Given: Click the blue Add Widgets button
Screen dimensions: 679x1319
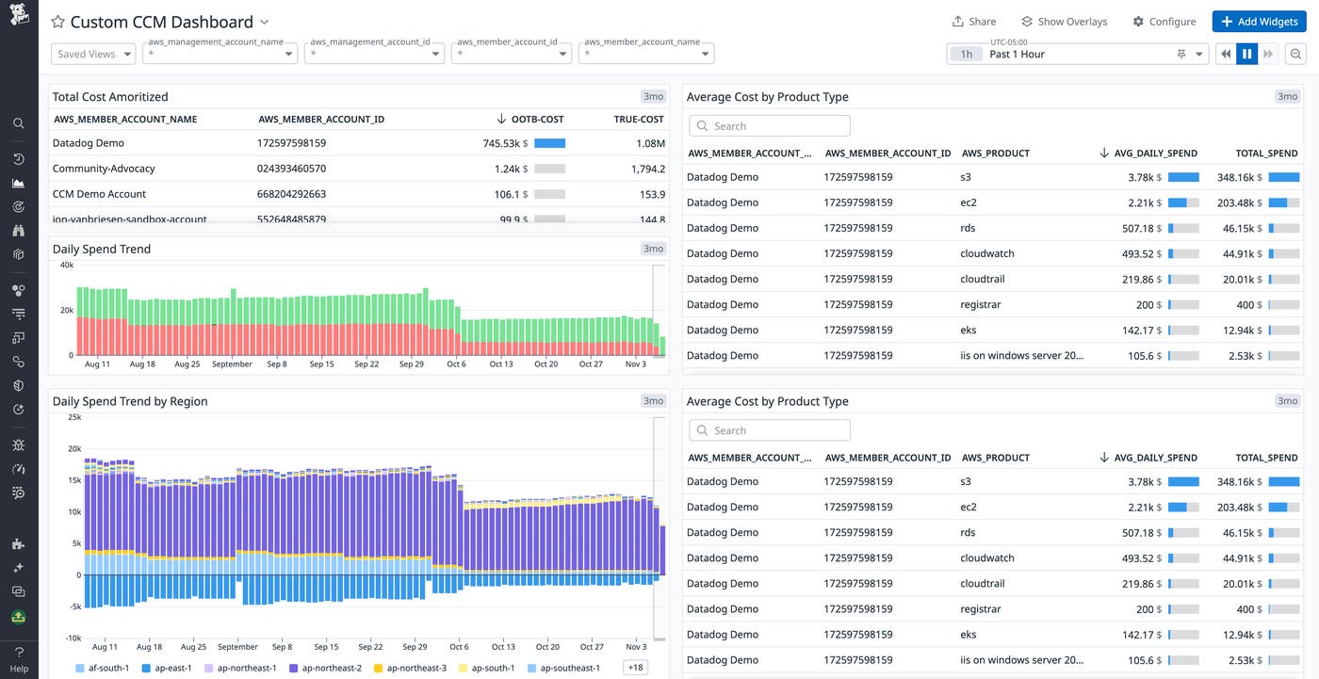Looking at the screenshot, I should tap(1259, 22).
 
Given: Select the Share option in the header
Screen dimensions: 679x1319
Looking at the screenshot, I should tap(973, 22).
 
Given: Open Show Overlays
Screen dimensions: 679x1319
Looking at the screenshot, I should tap(1064, 22).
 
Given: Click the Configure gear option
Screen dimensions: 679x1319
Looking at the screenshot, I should tap(1164, 22).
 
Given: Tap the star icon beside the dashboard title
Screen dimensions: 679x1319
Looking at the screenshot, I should tap(58, 22).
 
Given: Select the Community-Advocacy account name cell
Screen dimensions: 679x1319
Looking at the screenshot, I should tap(104, 169).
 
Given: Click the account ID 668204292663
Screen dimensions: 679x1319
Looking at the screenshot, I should tap(291, 194).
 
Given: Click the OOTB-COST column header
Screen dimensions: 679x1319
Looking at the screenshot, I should tap(536, 120).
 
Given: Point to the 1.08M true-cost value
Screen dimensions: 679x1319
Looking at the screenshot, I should tap(650, 143).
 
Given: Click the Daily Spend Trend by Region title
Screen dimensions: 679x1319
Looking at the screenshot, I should tap(130, 401).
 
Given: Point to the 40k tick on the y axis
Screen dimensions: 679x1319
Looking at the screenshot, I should tap(67, 266).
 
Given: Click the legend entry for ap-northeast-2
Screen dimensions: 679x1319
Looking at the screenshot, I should tap(326, 668).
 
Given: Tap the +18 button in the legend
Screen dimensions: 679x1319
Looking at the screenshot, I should tap(636, 668).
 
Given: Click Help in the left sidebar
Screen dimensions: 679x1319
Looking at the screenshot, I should tap(19, 669).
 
